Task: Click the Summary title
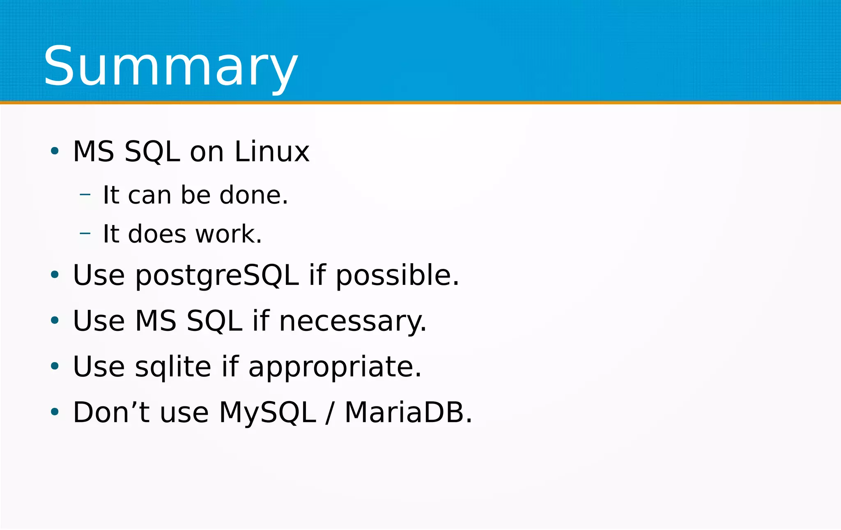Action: (170, 67)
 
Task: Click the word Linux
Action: (271, 151)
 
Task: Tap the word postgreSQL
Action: (217, 275)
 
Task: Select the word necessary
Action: (352, 321)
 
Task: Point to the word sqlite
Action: (173, 367)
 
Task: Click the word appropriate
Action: (335, 367)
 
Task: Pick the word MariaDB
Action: (408, 412)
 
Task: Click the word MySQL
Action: (267, 412)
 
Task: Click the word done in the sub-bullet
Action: (253, 195)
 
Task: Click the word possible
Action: (397, 275)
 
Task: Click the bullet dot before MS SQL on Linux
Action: (55, 151)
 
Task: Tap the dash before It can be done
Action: (85, 195)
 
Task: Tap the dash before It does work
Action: (85, 234)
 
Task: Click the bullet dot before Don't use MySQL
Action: (55, 411)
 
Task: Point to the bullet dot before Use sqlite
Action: (55, 366)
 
